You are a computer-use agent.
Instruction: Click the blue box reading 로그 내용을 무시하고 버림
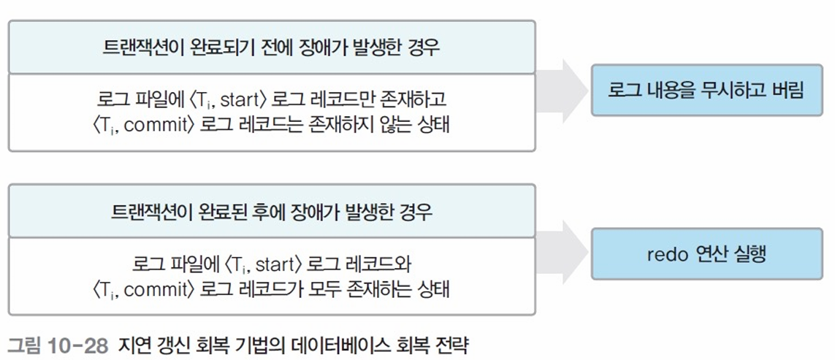click(706, 90)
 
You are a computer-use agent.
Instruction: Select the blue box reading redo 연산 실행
click(706, 254)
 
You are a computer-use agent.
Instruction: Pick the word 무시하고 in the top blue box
click(736, 90)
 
